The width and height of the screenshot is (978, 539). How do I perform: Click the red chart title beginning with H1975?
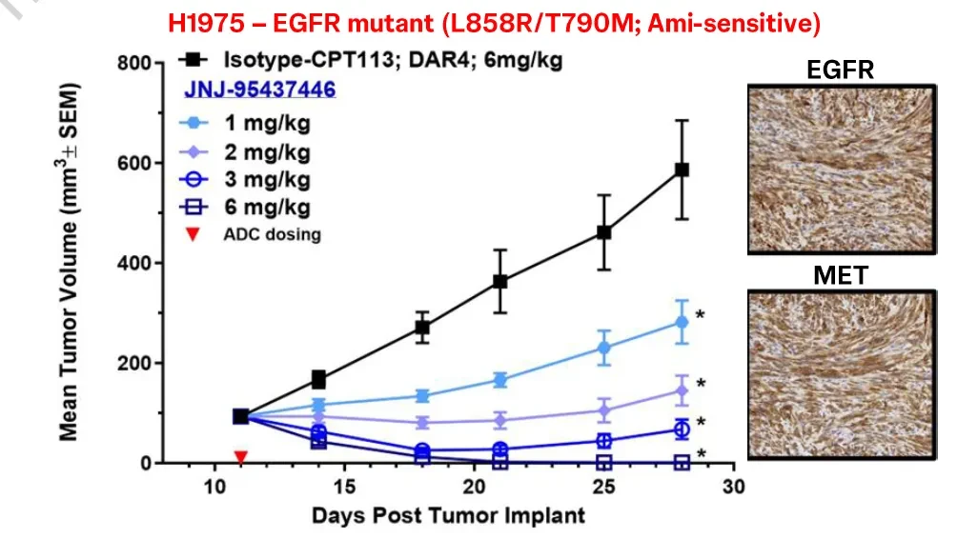click(494, 24)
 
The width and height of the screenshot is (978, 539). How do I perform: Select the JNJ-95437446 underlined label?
click(259, 90)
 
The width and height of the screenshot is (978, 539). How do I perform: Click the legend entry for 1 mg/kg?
click(244, 123)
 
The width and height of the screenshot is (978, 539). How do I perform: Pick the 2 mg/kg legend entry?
click(244, 151)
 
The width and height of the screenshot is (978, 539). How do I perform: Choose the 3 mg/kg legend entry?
click(244, 179)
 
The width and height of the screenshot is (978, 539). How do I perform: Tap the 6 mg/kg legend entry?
click(244, 207)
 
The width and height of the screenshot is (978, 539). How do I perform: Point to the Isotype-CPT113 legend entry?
click(371, 60)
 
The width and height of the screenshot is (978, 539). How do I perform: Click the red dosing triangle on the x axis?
click(241, 457)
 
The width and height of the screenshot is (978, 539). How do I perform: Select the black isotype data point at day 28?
click(682, 170)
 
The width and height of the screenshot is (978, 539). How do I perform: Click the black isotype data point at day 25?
click(603, 232)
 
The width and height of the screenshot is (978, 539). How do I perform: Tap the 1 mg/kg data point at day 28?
click(682, 322)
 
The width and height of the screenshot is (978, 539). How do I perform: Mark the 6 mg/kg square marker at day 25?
click(603, 463)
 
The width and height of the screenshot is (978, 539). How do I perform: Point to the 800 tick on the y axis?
click(134, 63)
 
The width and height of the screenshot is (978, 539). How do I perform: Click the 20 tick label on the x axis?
click(474, 486)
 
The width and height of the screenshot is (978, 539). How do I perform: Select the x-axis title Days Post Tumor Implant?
click(448, 516)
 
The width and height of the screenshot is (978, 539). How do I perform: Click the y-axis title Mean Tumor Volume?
click(69, 262)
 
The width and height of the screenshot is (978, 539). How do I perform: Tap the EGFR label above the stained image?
click(840, 70)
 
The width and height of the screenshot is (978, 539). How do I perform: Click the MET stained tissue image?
click(842, 375)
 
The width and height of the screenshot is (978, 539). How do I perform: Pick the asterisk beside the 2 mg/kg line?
click(701, 384)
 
